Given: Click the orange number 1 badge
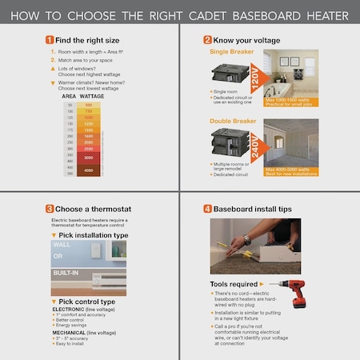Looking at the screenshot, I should (50, 39).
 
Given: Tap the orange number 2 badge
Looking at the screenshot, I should (207, 39).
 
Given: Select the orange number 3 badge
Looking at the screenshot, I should (50, 209).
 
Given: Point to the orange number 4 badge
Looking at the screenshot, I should (207, 209).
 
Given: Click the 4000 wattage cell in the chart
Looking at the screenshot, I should (88, 170).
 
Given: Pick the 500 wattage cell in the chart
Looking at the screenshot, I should (88, 105).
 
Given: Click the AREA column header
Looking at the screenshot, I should (69, 97).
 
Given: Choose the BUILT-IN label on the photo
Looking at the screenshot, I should (68, 273).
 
